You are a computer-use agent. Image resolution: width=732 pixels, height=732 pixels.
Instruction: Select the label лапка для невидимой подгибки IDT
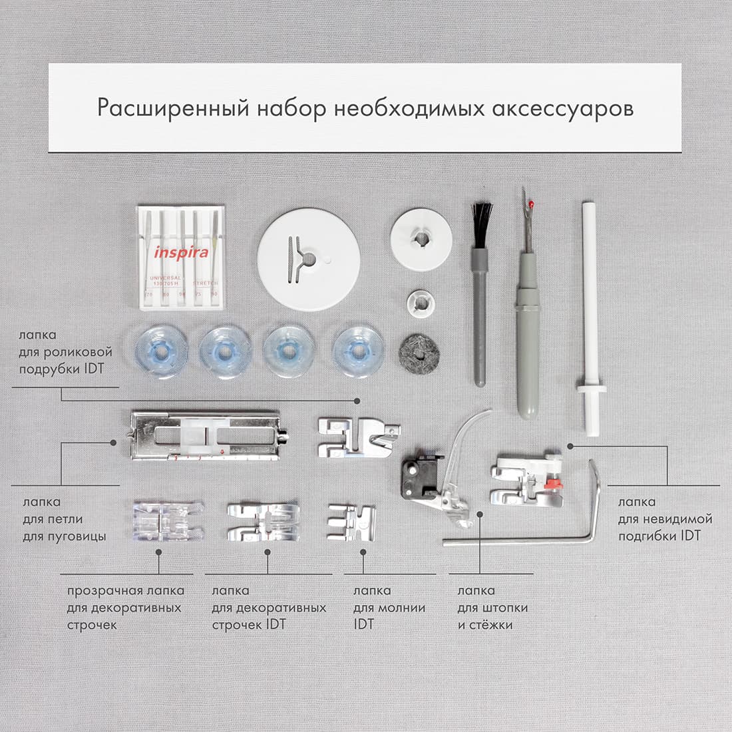tap(665, 518)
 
